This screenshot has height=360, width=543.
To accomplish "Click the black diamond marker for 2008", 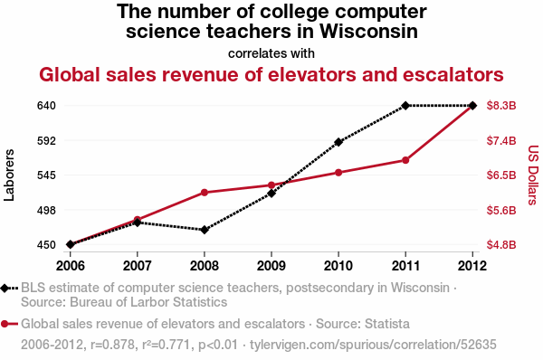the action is click(205, 230).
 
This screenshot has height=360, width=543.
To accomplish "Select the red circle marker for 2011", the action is click(405, 160).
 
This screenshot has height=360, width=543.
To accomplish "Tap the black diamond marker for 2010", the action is click(338, 142).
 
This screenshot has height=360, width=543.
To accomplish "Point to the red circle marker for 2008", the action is click(205, 193).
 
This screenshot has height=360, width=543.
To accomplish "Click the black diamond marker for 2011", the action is click(405, 105).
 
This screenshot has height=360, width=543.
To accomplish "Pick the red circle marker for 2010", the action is click(338, 173).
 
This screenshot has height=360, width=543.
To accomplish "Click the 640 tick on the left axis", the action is click(46, 106).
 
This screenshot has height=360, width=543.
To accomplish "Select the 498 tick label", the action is click(46, 210).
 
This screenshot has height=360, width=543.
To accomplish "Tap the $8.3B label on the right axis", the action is click(501, 106).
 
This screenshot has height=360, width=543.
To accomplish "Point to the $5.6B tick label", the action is click(501, 210).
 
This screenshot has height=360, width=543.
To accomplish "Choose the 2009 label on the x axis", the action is click(271, 266).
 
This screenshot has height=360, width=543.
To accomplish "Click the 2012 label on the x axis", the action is click(472, 266).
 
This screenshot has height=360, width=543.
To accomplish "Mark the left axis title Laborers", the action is click(9, 175).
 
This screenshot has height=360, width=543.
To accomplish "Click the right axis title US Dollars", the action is click(533, 175).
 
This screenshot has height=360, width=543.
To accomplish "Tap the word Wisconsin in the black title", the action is click(368, 31).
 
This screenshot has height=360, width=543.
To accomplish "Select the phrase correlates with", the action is click(271, 53).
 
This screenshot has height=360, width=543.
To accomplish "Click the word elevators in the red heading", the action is click(312, 74).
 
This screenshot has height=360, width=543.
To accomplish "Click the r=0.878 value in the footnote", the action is click(112, 345).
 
